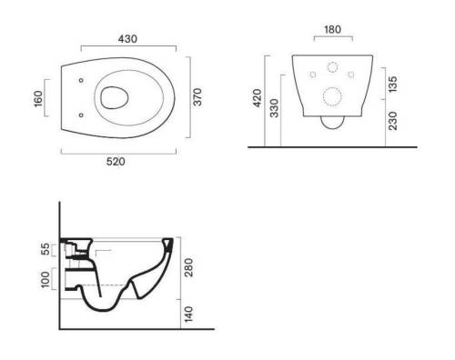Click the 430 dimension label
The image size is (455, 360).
tap(127, 39)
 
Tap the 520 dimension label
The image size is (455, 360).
tap(116, 162)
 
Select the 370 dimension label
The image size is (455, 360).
tap(197, 97)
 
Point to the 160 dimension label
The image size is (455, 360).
tap(38, 99)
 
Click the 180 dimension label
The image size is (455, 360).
tap(333, 30)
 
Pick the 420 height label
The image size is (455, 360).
tap(258, 98)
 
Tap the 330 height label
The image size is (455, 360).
tap(274, 108)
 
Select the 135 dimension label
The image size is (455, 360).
tap(392, 85)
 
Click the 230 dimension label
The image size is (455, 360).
tap(392, 121)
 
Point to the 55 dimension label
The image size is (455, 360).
tap(45, 249)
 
